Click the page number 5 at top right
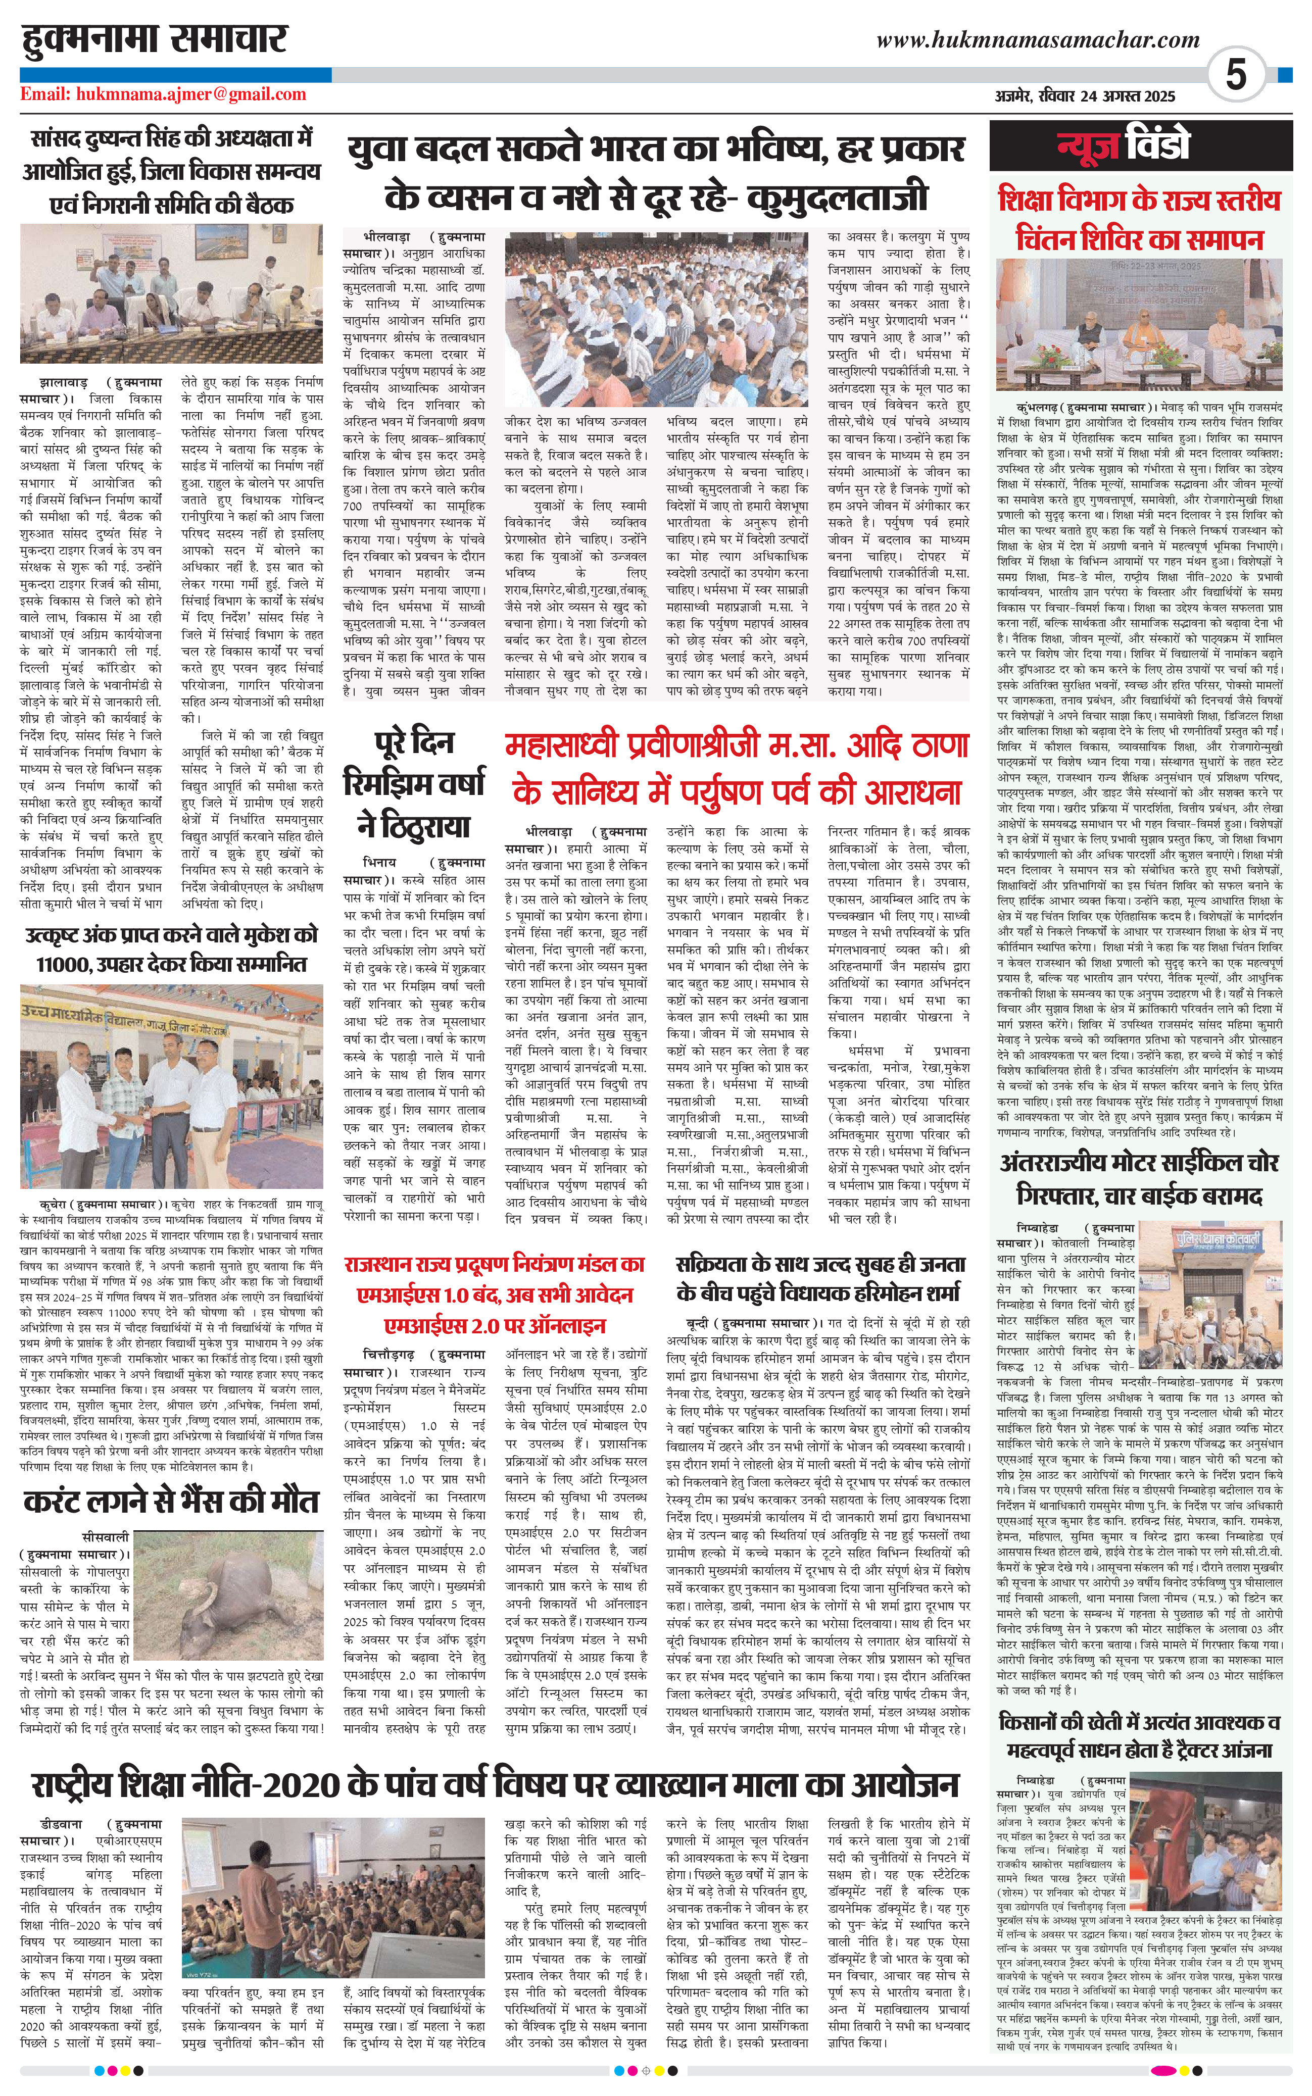(1236, 75)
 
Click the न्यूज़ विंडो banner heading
(1124, 146)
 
